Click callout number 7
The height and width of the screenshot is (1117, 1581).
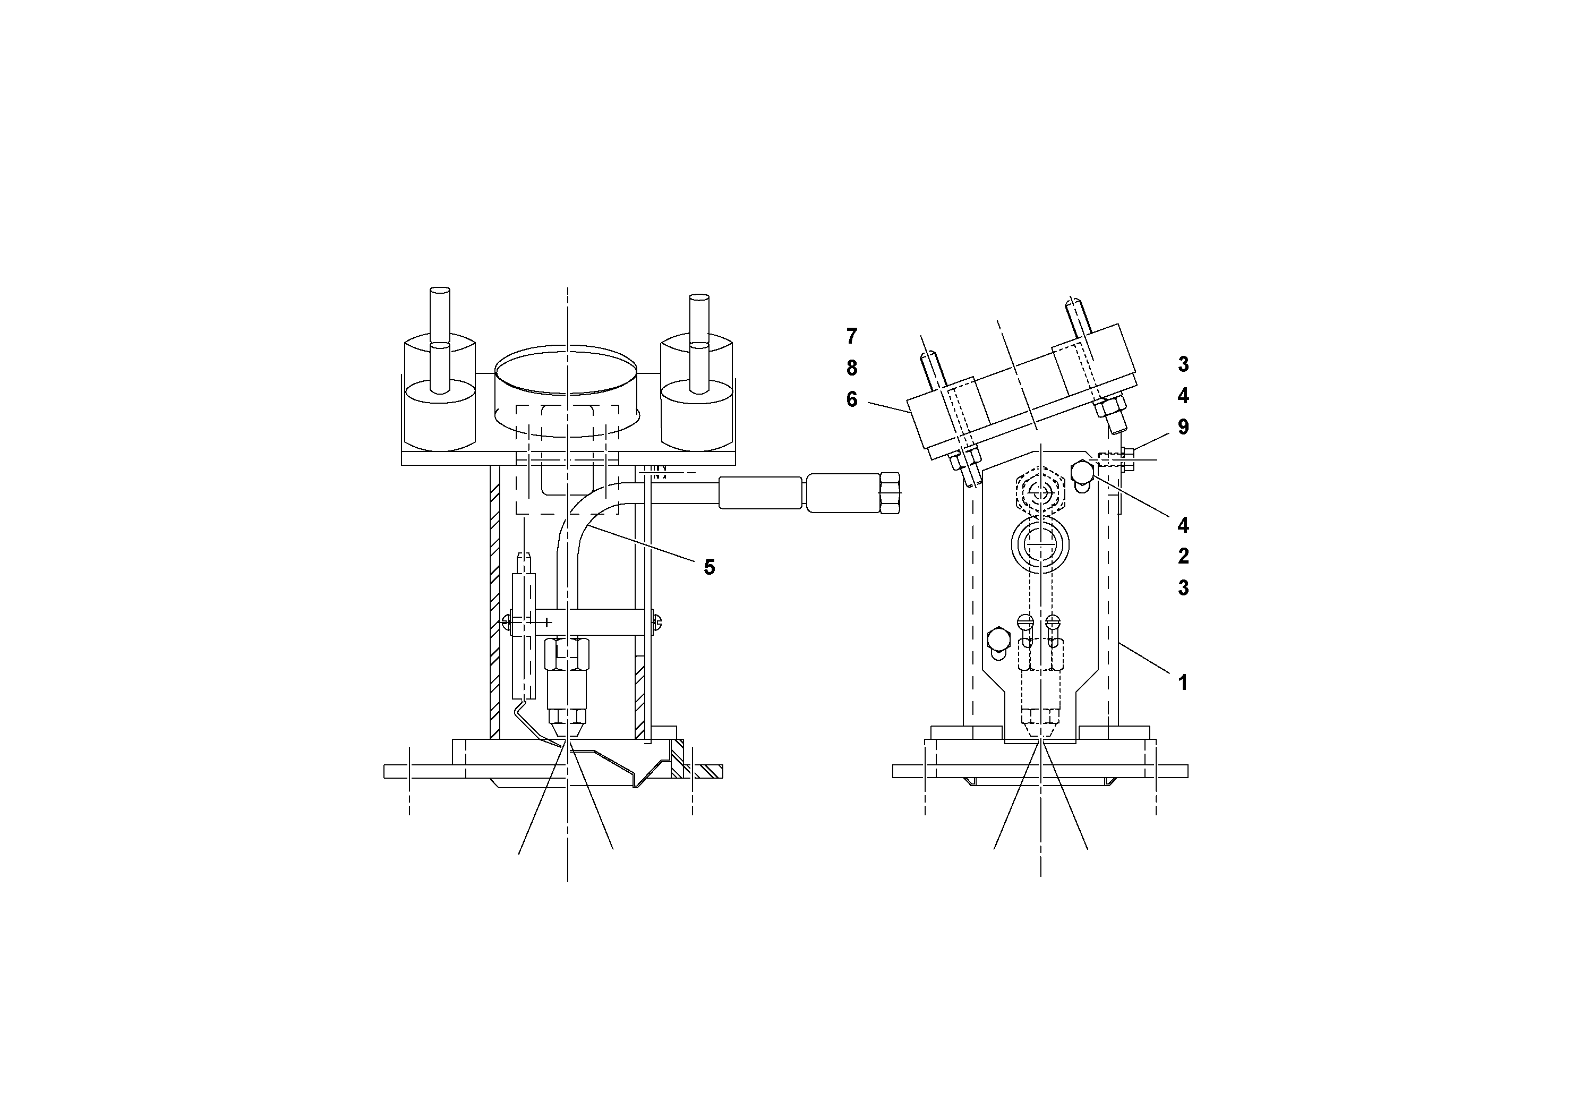pyautogui.click(x=852, y=336)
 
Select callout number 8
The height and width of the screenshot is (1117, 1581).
pyautogui.click(x=852, y=369)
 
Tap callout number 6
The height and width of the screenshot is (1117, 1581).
pyautogui.click(x=852, y=400)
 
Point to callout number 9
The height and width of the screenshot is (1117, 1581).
pyautogui.click(x=1183, y=427)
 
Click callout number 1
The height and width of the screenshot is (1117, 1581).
pyautogui.click(x=1183, y=683)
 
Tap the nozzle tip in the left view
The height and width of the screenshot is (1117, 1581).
pyautogui.click(x=567, y=730)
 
